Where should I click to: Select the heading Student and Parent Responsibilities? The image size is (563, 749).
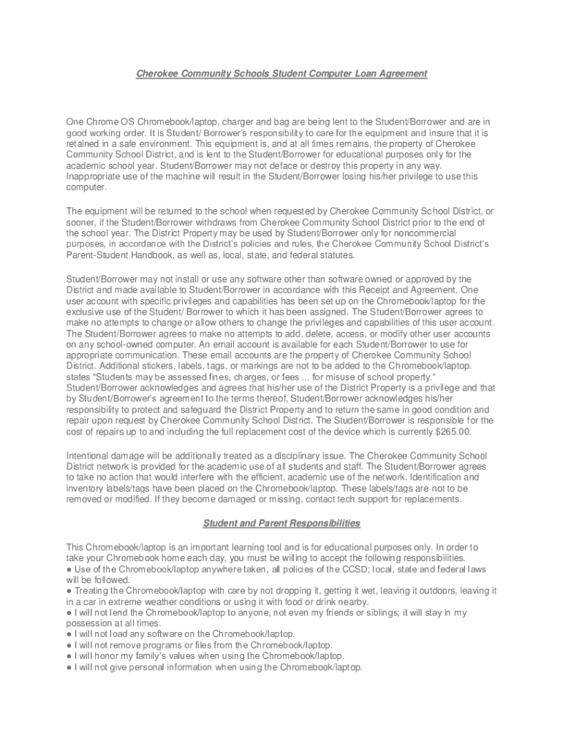(x=281, y=523)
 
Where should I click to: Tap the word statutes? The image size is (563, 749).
(x=335, y=255)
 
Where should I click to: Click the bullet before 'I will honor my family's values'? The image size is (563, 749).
(x=69, y=656)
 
